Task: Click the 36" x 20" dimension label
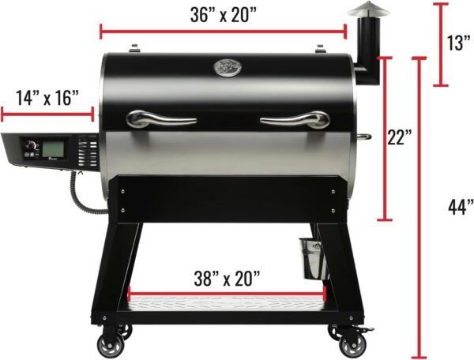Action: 224,14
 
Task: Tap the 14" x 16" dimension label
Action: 48,98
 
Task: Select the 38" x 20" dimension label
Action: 227,279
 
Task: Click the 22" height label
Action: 401,137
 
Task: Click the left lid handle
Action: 161,119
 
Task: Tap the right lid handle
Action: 295,120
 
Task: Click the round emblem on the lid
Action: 227,69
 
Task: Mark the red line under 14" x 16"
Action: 48,114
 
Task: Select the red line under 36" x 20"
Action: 224,32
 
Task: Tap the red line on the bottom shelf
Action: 227,299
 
